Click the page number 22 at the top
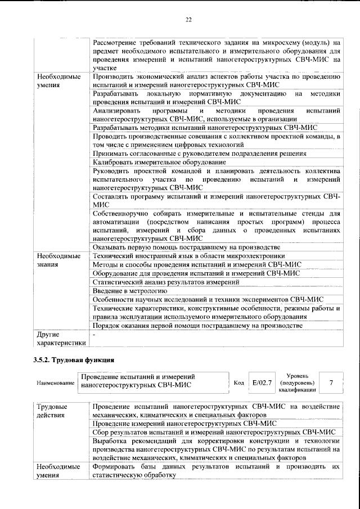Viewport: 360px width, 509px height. coord(188,20)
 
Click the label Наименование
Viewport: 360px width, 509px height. coord(55,383)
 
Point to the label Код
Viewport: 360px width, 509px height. coord(238,383)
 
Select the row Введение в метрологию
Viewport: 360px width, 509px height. coord(130,291)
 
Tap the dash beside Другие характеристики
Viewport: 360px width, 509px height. coord(94,334)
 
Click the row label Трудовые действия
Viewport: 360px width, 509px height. coord(56,411)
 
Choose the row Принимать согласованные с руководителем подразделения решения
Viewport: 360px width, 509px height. coord(199,153)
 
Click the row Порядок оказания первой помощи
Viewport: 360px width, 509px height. coord(198,325)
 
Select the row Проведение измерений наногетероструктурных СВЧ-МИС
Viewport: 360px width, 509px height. coord(184,423)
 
